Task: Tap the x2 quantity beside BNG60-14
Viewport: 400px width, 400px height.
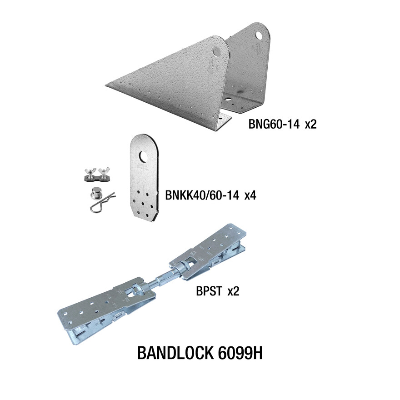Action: tap(310, 124)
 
